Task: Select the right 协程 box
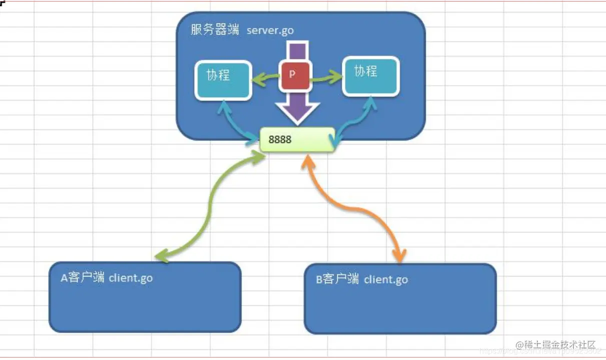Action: [x=370, y=76]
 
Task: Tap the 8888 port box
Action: [x=297, y=139]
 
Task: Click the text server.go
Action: [x=270, y=30]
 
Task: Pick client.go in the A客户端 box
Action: [x=131, y=277]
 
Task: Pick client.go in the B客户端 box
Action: [x=386, y=279]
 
